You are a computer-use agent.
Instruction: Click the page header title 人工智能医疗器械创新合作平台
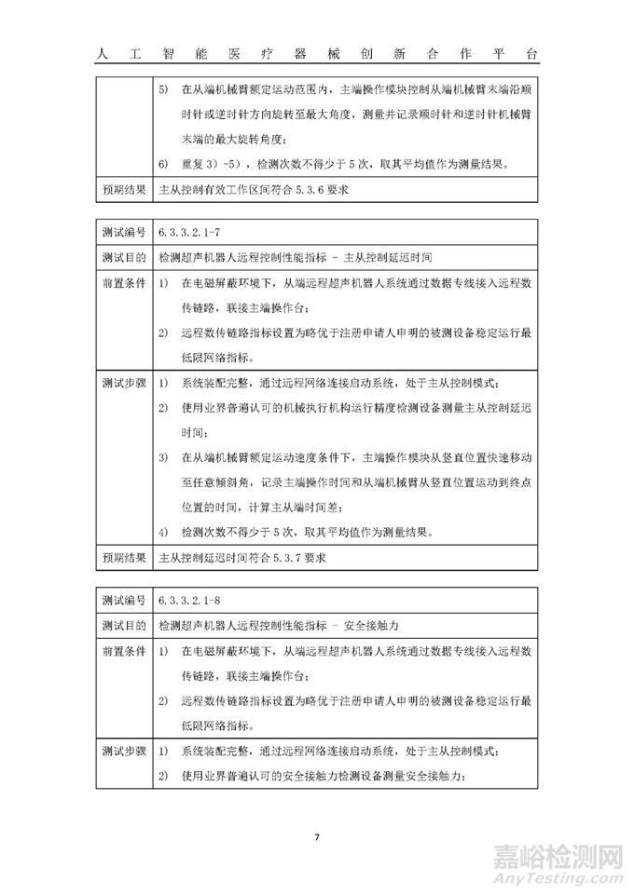click(317, 54)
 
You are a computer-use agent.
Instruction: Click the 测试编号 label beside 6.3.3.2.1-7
click(124, 230)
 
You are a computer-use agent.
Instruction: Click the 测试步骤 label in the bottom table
click(124, 753)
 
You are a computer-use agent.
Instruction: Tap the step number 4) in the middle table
click(163, 534)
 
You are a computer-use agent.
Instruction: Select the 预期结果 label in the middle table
click(124, 560)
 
